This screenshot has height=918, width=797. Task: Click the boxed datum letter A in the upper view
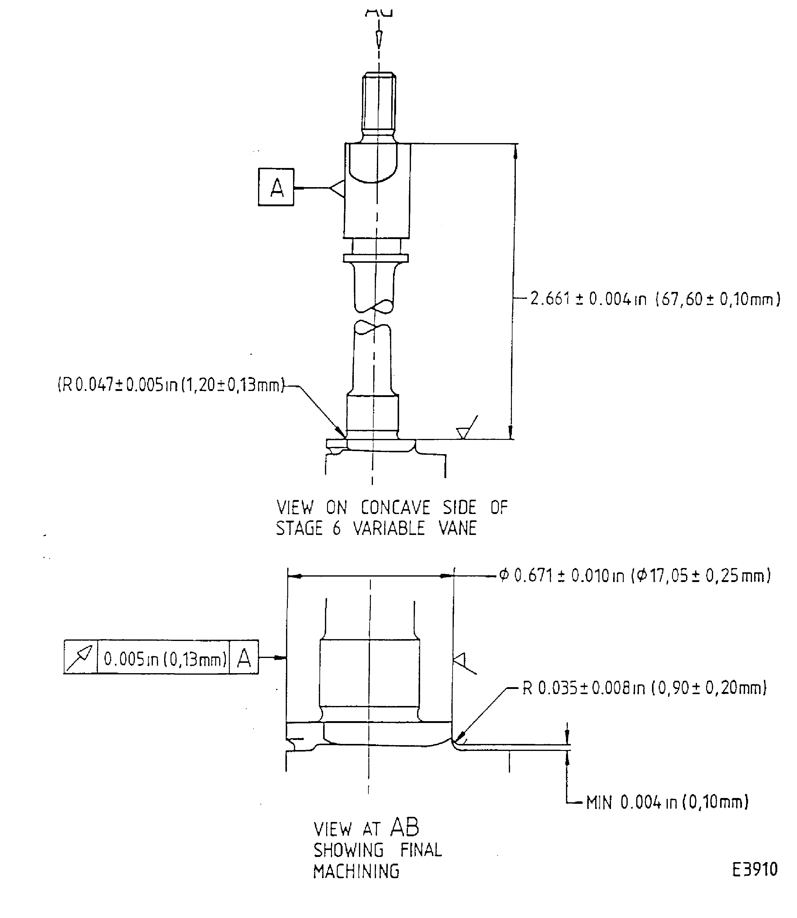[x=276, y=187]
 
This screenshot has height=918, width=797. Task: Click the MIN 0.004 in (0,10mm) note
[x=667, y=803]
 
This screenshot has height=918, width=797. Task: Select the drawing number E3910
[x=755, y=869]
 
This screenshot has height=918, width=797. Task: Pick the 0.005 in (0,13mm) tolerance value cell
[x=164, y=658]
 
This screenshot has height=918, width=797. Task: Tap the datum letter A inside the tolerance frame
[x=244, y=658]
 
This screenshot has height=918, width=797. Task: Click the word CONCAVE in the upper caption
[x=395, y=507]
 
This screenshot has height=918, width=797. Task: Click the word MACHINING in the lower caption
[x=356, y=871]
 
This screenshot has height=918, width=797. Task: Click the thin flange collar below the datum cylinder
[x=376, y=258]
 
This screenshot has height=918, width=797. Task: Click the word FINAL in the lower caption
[x=420, y=850]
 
